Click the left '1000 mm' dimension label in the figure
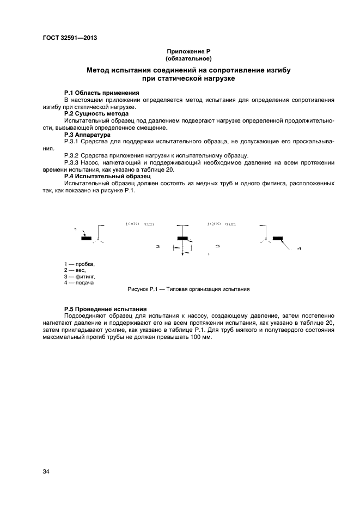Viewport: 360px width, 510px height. coord(133,224)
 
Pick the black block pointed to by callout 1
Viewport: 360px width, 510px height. coord(86,238)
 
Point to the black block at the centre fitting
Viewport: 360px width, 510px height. coord(182,238)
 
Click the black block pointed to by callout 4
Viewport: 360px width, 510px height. coord(278,238)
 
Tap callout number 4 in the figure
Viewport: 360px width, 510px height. coord(299,249)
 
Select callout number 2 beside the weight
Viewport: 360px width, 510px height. coord(157,247)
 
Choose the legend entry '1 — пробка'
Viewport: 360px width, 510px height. coord(80,264)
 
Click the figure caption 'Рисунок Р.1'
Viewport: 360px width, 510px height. coord(188,289)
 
